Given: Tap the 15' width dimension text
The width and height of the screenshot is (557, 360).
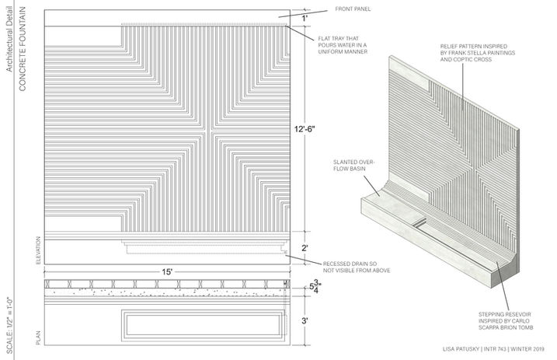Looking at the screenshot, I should click(x=167, y=271).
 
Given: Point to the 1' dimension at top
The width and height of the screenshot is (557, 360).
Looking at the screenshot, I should click(x=305, y=17).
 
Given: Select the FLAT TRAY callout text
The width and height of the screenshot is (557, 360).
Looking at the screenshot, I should click(x=343, y=44).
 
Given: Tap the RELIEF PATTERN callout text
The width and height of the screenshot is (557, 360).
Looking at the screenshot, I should click(x=475, y=52).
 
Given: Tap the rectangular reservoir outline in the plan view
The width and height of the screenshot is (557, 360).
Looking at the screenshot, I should click(x=202, y=327).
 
